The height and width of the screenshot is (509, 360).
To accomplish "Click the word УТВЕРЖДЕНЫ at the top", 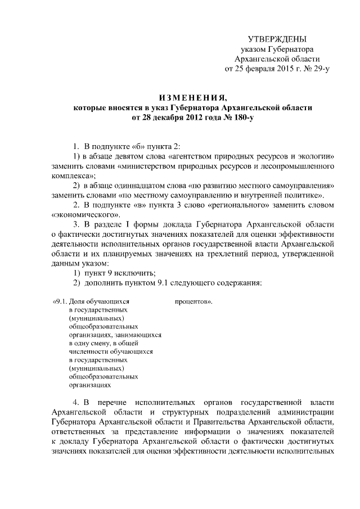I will (277, 39).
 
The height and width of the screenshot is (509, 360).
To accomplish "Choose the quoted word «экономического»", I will (85, 215).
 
